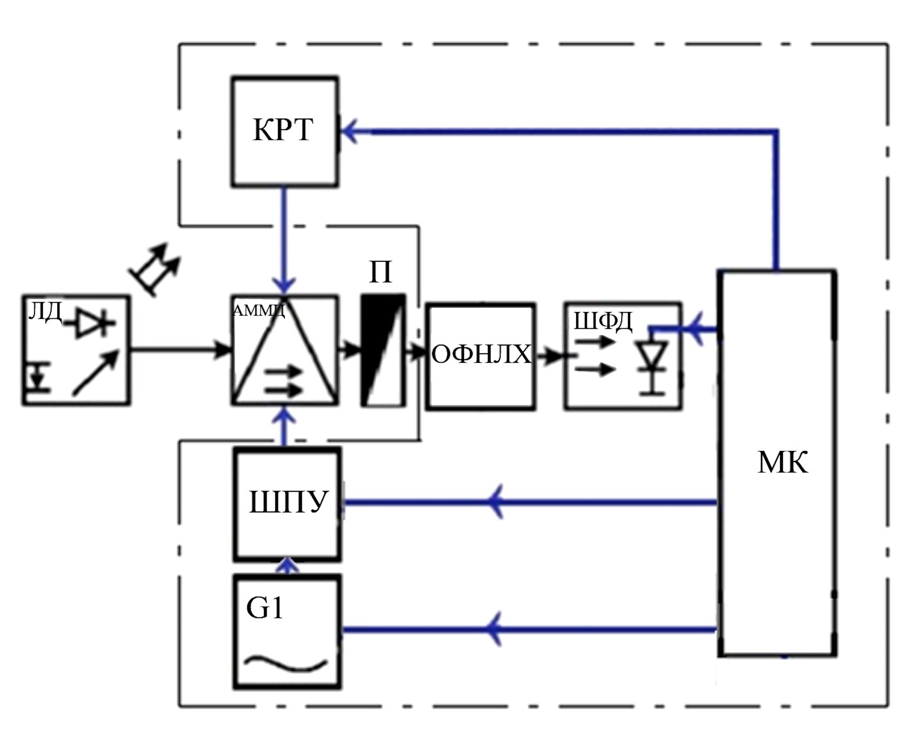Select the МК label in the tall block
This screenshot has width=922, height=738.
(x=782, y=462)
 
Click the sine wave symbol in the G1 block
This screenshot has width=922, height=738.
(x=286, y=663)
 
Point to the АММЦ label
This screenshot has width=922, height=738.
(x=259, y=310)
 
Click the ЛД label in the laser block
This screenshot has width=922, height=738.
(x=45, y=311)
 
